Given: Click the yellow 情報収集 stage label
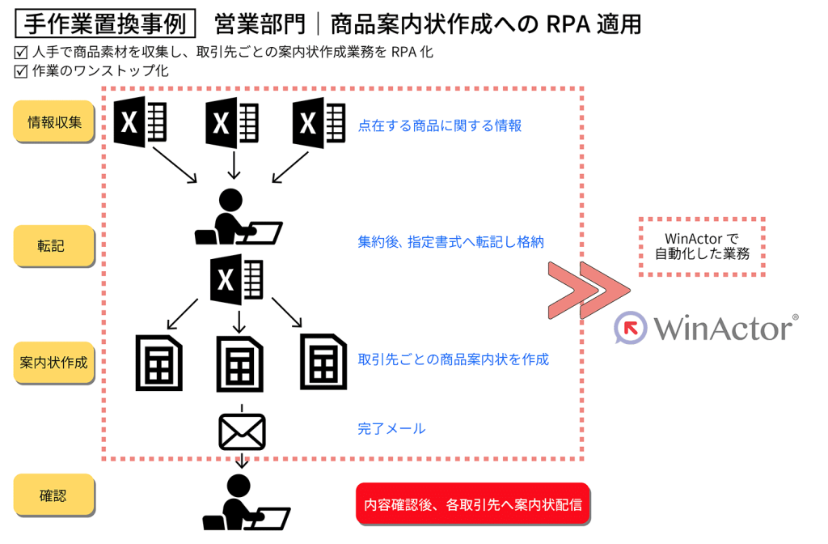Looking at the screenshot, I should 53,123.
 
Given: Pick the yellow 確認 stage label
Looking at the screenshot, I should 53,495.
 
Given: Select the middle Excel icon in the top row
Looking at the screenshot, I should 231,123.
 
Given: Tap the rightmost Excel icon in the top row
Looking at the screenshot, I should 319,123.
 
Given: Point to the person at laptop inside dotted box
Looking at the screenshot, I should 236,217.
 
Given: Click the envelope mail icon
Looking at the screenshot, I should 242,431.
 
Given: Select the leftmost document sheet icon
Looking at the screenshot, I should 158,363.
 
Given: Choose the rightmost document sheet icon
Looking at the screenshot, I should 323,363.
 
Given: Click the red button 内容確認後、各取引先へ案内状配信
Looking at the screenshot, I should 473,504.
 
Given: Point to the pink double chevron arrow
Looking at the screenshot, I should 587,289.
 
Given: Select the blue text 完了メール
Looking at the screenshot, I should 391,429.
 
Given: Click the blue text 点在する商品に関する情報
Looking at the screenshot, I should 440,125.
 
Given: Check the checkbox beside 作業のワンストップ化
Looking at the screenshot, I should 21,71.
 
